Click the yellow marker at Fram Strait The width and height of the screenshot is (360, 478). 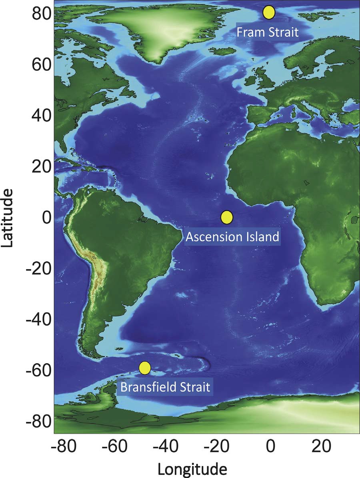269,12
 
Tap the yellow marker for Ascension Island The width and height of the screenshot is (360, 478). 226,217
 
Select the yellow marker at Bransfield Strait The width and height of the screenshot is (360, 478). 145,368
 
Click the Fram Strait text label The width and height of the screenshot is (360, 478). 267,32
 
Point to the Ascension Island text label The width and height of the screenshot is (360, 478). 232,237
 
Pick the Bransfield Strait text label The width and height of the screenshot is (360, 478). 165,387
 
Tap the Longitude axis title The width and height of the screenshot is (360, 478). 193,468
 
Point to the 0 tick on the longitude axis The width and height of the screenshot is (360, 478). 270,446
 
